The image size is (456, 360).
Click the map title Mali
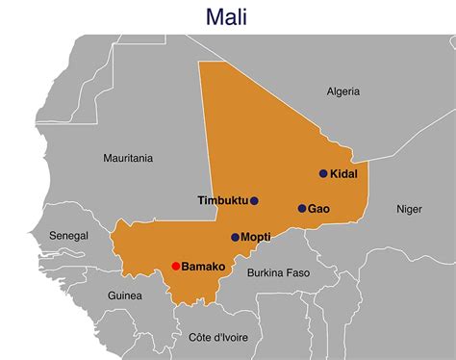[228, 16]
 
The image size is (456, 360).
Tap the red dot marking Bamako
[175, 266]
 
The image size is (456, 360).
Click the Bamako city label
[203, 266]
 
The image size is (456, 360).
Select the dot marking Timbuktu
[254, 201]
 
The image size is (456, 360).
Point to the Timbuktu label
[221, 201]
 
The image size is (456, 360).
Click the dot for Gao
[301, 208]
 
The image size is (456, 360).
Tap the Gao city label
[319, 208]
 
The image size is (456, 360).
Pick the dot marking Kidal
[323, 174]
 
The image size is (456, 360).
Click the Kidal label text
[344, 174]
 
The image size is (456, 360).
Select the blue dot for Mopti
[235, 237]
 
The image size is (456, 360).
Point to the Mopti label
[256, 237]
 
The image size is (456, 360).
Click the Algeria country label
[342, 91]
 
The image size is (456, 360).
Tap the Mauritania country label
[128, 158]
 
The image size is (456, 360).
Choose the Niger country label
[409, 208]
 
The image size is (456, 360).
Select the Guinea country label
[124, 296]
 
